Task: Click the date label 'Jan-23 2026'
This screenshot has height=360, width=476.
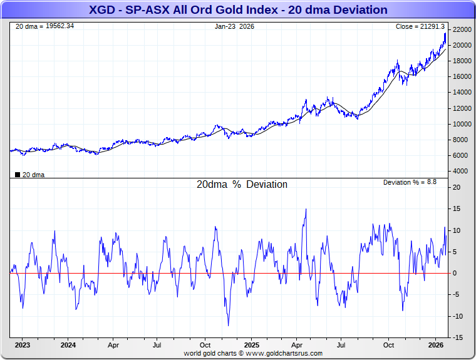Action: [x=234, y=26]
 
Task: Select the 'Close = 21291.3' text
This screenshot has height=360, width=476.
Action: [x=420, y=26]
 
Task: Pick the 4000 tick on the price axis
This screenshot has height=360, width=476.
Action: [x=461, y=171]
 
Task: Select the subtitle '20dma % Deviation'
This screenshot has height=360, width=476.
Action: [x=242, y=185]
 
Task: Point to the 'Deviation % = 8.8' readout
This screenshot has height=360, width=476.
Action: [x=410, y=182]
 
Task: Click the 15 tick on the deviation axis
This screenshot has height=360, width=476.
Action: [x=458, y=209]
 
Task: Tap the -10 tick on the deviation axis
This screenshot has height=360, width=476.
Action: [x=458, y=317]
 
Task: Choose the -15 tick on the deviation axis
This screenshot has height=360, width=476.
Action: [x=458, y=338]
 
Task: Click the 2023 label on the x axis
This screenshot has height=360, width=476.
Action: [x=23, y=345]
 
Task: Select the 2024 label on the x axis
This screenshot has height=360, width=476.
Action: [x=68, y=345]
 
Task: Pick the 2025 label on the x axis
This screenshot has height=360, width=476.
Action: [x=251, y=345]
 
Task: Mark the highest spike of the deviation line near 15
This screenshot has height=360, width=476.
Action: [x=306, y=209]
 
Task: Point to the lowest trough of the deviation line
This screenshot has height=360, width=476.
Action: [x=228, y=325]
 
